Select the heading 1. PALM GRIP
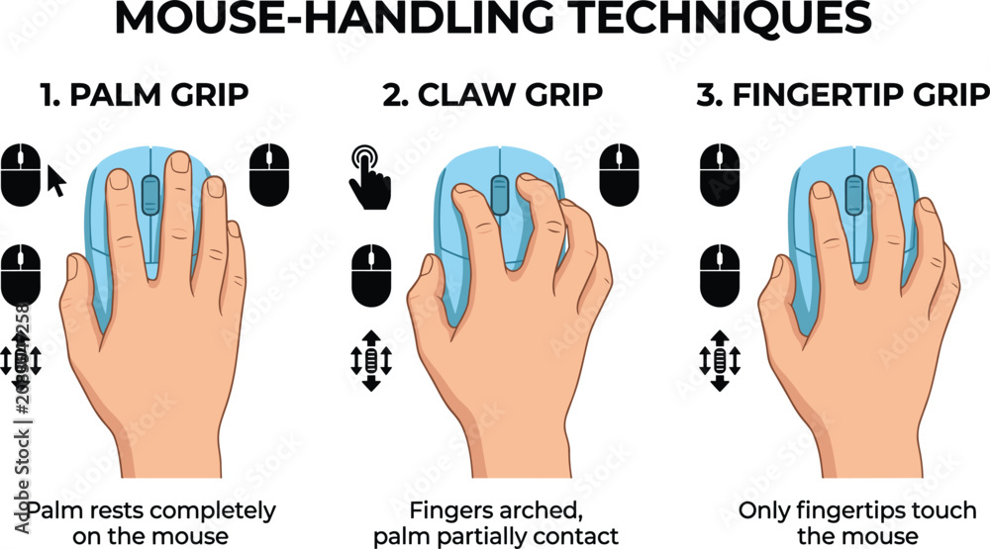click(x=144, y=95)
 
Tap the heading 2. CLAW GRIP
click(x=492, y=95)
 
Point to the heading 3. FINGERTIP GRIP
click(x=842, y=95)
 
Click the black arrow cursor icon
click(x=56, y=181)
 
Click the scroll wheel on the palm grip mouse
click(x=150, y=196)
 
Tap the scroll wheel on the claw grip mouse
click(x=499, y=195)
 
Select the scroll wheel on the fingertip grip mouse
click(x=853, y=195)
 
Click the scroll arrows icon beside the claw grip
click(x=371, y=360)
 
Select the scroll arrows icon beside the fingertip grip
click(x=720, y=360)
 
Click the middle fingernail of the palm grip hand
click(x=180, y=161)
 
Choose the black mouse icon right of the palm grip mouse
click(x=269, y=175)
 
